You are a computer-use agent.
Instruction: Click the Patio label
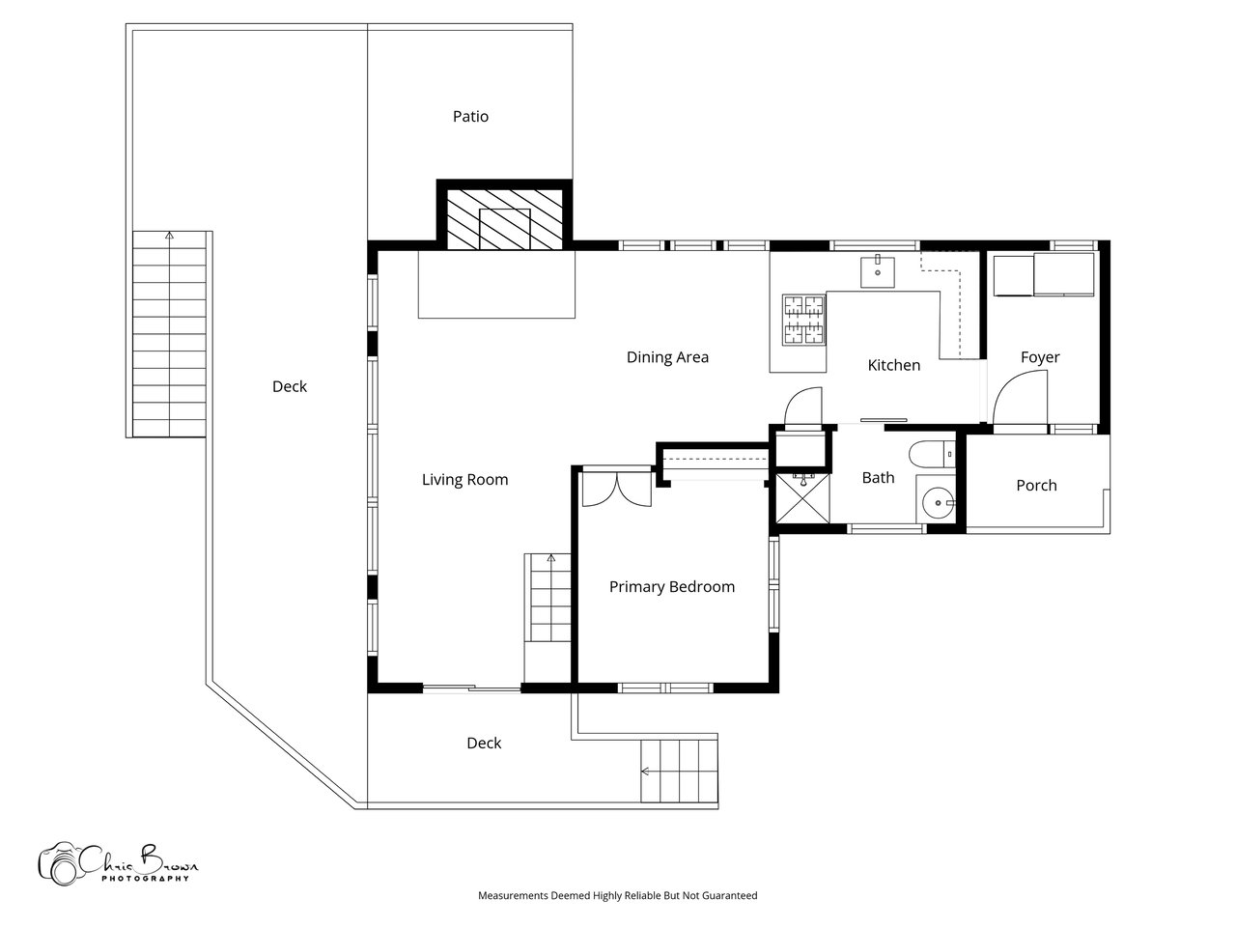(470, 117)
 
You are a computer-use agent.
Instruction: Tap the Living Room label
(464, 480)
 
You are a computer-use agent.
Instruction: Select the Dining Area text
(667, 357)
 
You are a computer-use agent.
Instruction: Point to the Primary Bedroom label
(672, 587)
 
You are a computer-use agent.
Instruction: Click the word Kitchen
(893, 365)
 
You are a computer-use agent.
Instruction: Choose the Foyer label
(1040, 357)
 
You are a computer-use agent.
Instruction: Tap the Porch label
(1036, 485)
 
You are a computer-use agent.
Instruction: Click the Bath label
(878, 478)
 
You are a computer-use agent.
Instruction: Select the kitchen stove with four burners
(804, 320)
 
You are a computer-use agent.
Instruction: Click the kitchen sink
(878, 272)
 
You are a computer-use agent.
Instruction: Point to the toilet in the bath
(932, 454)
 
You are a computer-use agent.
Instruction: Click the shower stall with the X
(801, 498)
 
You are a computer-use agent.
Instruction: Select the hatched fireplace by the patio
(504, 219)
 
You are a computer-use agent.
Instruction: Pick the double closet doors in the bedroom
(617, 490)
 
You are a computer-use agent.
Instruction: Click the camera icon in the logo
(60, 863)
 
